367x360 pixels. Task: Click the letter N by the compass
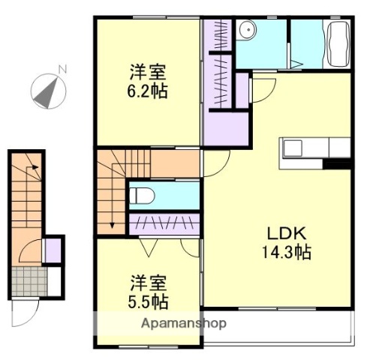point(63,70)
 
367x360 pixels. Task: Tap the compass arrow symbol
point(47,91)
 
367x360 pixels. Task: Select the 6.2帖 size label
point(147,91)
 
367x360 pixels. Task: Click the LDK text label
point(281,232)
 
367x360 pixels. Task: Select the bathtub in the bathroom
point(336,44)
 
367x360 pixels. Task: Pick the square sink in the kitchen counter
point(292,148)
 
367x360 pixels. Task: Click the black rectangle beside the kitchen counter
point(338,163)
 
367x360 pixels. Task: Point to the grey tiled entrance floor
point(29,281)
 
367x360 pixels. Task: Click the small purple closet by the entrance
point(53,249)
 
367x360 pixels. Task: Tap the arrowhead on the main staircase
point(111,223)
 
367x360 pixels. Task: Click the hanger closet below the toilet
point(164,223)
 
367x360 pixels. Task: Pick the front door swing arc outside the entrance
point(24,307)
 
